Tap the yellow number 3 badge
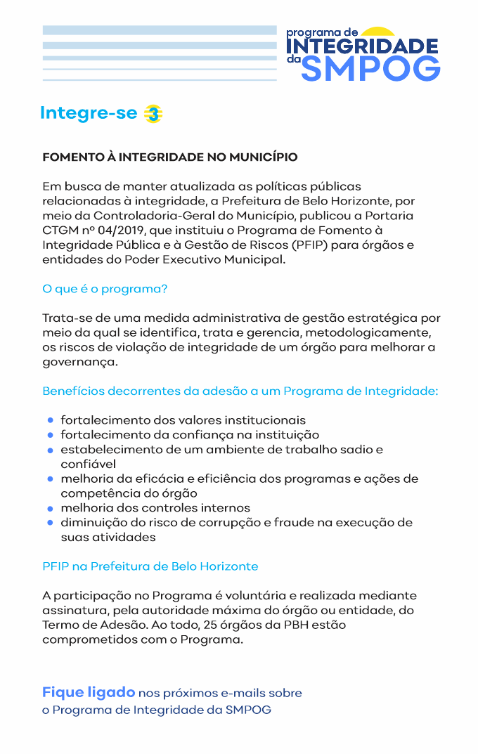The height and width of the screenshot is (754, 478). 153,114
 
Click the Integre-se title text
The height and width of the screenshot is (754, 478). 89,113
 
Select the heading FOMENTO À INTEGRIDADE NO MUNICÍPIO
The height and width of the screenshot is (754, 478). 170,157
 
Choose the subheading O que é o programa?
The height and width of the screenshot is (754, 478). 105,289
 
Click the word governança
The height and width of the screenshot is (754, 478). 79,363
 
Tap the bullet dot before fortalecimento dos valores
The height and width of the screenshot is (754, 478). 51,420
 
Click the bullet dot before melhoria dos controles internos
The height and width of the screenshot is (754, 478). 51,508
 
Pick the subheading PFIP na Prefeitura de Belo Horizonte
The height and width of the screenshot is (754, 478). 150,566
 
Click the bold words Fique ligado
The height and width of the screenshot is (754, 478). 88,692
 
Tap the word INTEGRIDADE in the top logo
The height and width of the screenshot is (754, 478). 363,46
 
